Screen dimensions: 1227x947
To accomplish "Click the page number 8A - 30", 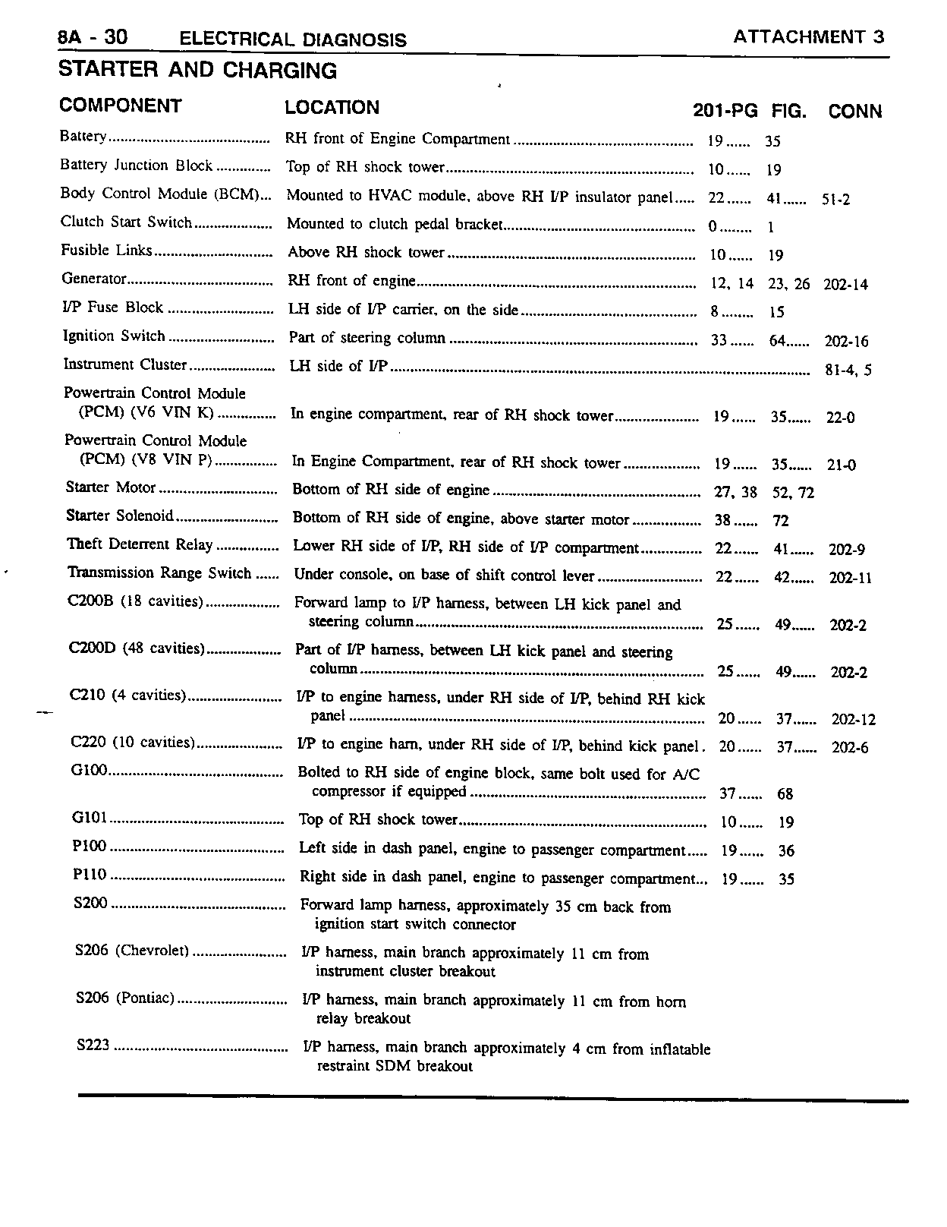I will pos(93,37).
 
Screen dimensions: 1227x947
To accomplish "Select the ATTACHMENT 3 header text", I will pos(809,37).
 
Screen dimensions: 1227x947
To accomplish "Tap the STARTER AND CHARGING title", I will pos(197,71).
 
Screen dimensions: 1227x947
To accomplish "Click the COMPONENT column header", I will pos(121,106).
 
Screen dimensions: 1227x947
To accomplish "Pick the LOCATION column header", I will pos(332,107).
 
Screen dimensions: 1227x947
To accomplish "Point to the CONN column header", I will pos(854,112).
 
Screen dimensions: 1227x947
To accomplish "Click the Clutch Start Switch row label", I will pos(127,222).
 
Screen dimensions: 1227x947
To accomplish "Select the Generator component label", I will pos(94,279).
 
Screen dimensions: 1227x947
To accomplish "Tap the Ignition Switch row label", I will pos(114,336).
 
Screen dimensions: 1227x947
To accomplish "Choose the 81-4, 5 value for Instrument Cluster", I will pos(848,371).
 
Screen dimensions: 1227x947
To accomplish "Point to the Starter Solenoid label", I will pos(120,516).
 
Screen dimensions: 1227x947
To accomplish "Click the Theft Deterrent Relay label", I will pos(140,544).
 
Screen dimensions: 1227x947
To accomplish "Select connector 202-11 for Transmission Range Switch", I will pos(850,578).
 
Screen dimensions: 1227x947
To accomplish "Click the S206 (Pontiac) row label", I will pos(125,998).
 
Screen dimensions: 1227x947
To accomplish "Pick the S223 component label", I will pos(93,1046).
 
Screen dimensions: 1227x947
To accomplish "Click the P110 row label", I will pos(90,875).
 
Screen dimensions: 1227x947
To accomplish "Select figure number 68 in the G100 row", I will pos(785,794).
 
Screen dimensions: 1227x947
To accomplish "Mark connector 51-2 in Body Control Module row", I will pos(835,200).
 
